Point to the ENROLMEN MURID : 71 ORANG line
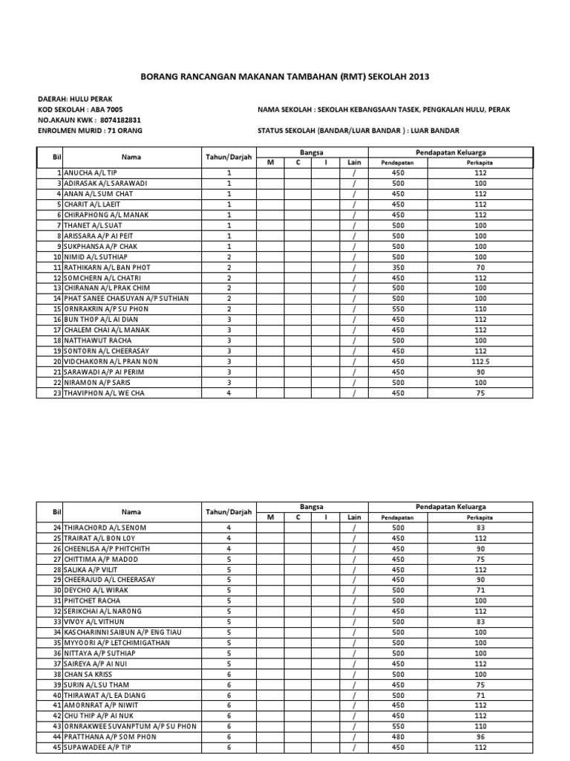(90, 130)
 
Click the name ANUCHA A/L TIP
(93, 172)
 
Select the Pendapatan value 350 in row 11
(399, 267)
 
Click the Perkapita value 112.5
(481, 361)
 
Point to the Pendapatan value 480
(399, 736)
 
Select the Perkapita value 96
(481, 736)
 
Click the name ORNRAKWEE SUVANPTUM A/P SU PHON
(130, 726)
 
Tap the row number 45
(55, 747)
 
